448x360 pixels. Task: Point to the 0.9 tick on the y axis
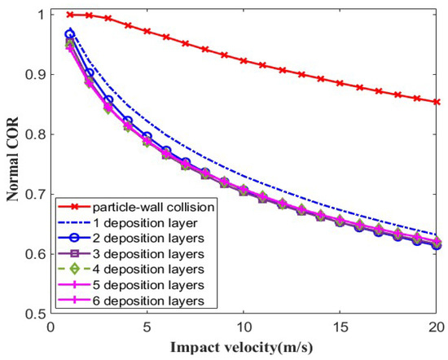pyautogui.click(x=33, y=74)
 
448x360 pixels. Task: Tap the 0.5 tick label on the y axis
pyautogui.click(x=33, y=314)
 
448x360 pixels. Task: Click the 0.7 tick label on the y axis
pyautogui.click(x=33, y=194)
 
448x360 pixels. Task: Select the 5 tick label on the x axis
pyautogui.click(x=147, y=327)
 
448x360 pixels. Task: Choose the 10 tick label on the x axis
pyautogui.click(x=243, y=327)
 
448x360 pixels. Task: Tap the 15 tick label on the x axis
pyautogui.click(x=340, y=327)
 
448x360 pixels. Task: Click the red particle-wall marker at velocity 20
pyautogui.click(x=437, y=102)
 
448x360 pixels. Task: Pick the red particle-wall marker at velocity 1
pyautogui.click(x=70, y=15)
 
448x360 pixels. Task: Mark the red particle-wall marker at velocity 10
pyautogui.click(x=244, y=60)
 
